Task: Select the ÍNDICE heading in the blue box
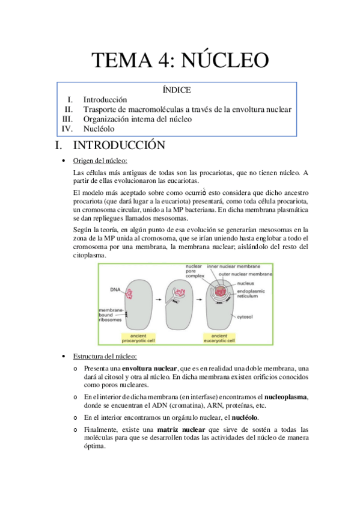[177, 90]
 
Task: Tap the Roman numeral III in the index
[67, 119]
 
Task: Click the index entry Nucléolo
[99, 129]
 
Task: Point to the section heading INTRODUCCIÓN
[119, 146]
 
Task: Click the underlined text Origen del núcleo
[100, 161]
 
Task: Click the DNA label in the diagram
[115, 289]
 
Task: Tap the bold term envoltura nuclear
[149, 368]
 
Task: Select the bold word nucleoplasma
[282, 397]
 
